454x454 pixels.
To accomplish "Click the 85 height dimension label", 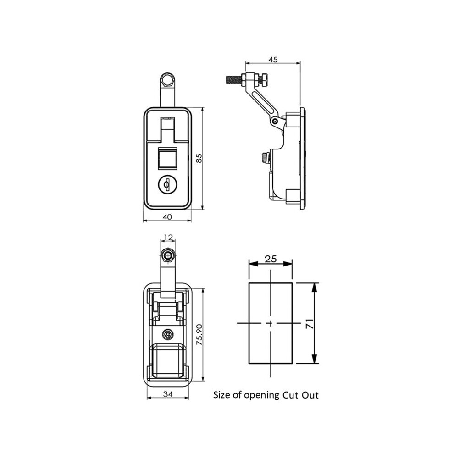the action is [x=199, y=158].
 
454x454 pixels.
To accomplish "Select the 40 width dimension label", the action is [x=167, y=216].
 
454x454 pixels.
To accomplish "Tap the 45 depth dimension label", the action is [x=273, y=59].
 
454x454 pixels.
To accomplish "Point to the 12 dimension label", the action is [x=168, y=238].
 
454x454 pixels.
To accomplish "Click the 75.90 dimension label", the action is [x=199, y=334].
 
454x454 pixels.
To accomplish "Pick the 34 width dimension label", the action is [x=168, y=394].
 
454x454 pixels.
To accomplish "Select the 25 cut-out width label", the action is [x=271, y=259].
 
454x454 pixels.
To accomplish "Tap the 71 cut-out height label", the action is [x=310, y=323].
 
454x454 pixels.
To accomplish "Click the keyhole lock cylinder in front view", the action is [x=167, y=184].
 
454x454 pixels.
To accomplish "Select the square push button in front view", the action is [x=167, y=158].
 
